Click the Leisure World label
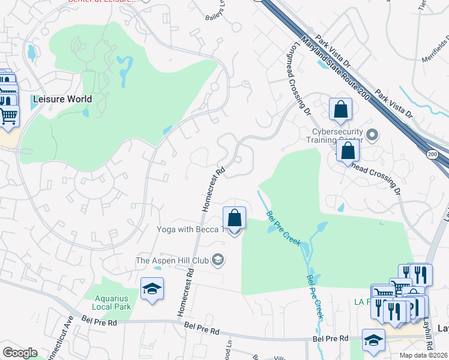coord(62,100)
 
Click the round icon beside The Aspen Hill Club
coord(218,260)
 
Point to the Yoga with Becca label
coord(190,229)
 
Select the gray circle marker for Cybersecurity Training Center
coord(372,134)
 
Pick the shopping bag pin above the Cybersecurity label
coord(340,110)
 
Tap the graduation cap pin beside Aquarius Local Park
coord(152,289)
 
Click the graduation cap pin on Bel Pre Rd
coord(373,340)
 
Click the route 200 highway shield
coord(432,155)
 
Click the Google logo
coord(20,353)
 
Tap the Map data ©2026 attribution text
coord(423,355)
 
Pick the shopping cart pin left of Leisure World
coord(9,115)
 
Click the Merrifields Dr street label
coord(436,52)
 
